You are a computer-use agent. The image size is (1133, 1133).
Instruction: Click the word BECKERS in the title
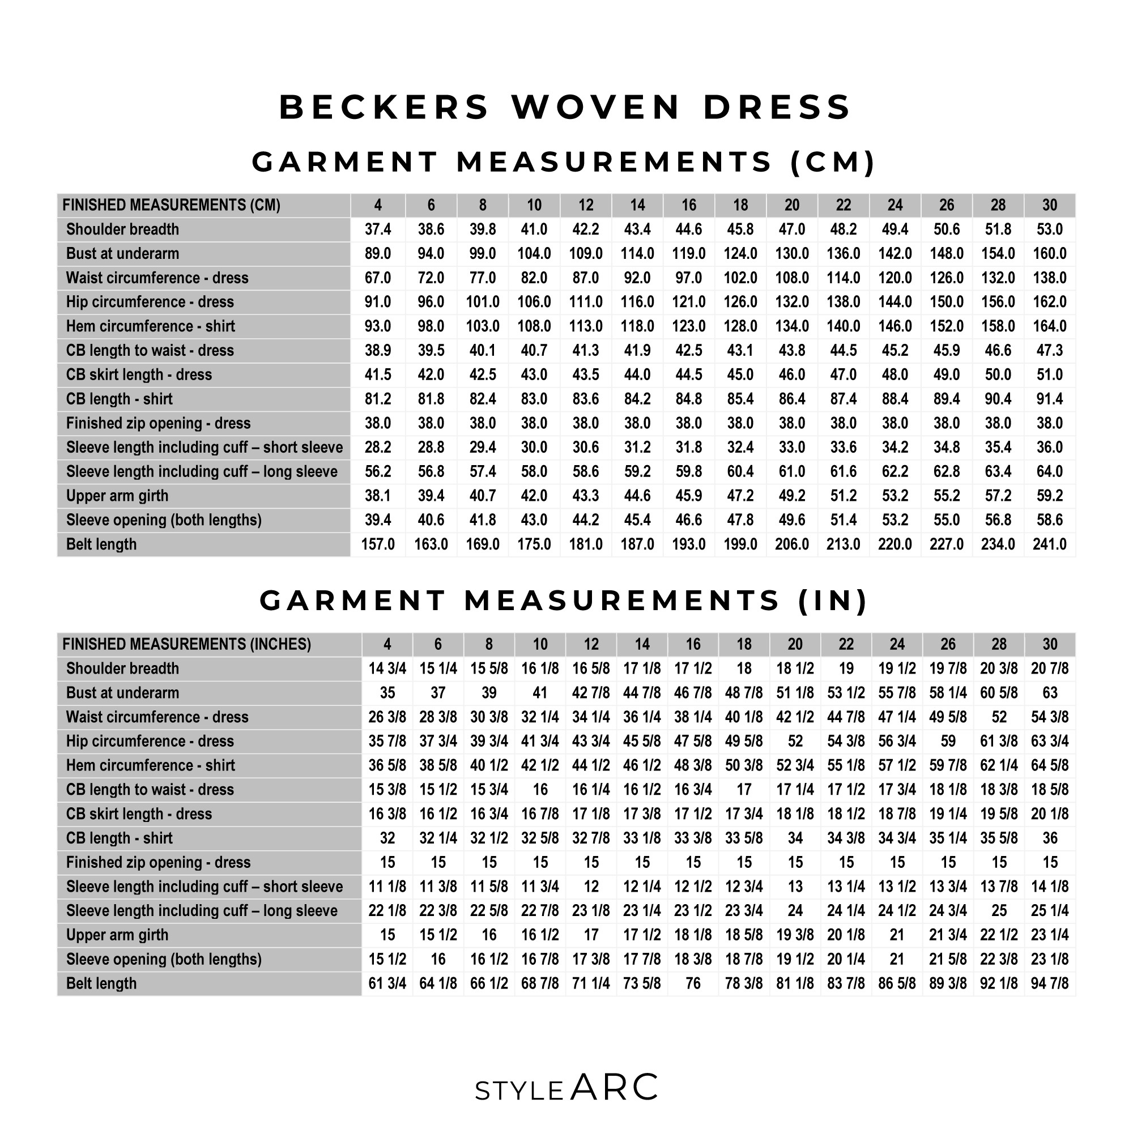tap(384, 107)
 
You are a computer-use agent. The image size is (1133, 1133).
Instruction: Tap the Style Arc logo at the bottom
tap(566, 1088)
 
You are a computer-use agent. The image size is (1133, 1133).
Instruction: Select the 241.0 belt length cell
tap(1049, 544)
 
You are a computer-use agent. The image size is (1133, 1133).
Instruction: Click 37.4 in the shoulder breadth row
tap(378, 229)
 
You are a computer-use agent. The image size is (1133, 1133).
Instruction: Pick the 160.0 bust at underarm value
tap(1049, 253)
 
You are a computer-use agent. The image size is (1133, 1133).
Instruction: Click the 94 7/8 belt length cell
tap(1049, 983)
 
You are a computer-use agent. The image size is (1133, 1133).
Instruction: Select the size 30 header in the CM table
tap(1049, 205)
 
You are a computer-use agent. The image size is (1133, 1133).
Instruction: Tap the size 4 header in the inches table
tap(387, 645)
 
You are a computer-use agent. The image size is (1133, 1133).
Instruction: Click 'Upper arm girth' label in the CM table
tap(117, 496)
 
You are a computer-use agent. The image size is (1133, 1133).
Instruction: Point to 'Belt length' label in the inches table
tap(101, 983)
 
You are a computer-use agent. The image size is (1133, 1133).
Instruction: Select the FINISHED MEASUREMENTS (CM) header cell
tap(171, 205)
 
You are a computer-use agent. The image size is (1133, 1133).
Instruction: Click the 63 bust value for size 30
tap(1049, 693)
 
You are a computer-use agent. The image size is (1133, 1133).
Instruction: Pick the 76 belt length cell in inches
tap(693, 983)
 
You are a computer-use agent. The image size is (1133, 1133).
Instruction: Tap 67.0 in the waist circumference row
tap(378, 278)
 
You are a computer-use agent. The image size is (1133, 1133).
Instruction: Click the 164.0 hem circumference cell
tap(1049, 326)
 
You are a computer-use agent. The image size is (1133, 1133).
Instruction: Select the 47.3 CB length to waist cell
tap(1049, 351)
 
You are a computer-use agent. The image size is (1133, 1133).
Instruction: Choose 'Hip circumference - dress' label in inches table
tap(150, 741)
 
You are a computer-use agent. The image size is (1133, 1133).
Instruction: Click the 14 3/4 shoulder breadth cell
tap(387, 668)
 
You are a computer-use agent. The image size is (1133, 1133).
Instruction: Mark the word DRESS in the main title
tap(777, 107)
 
